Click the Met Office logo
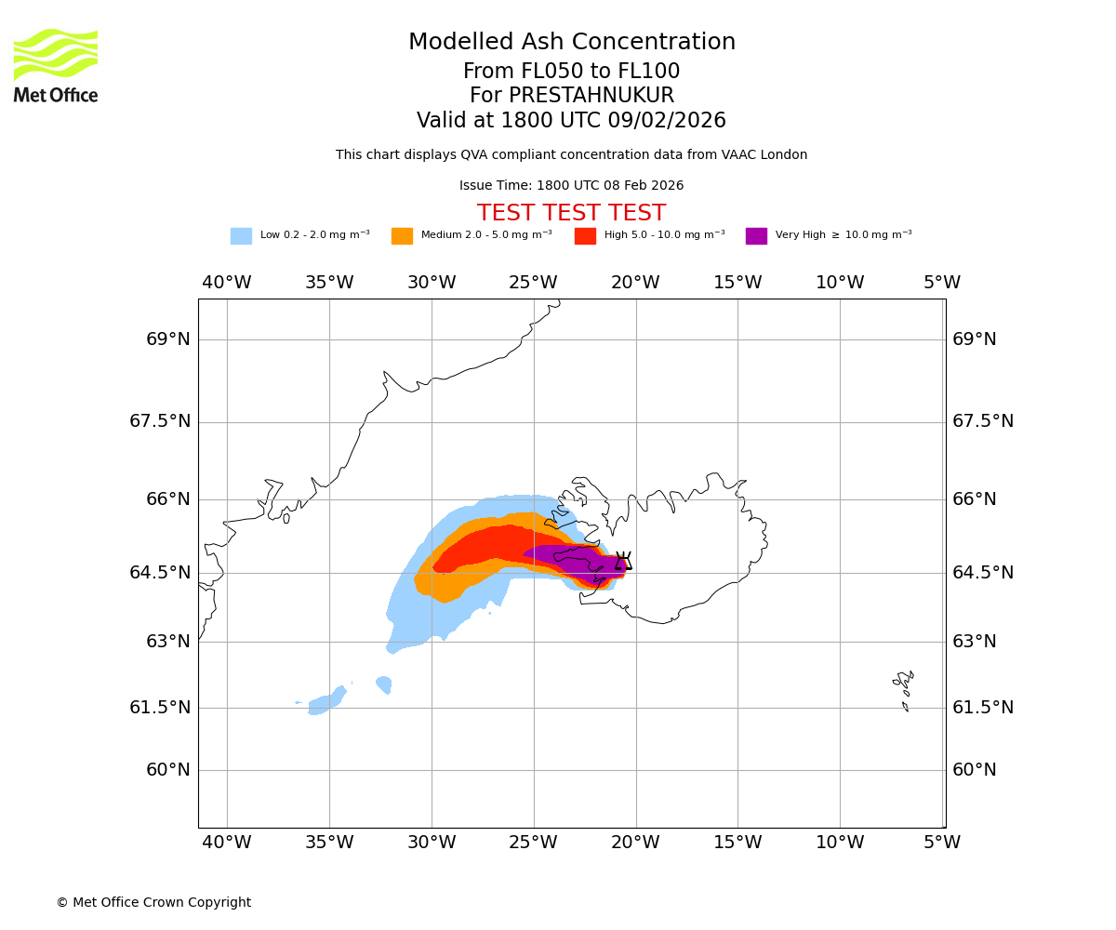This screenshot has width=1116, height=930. coord(56,65)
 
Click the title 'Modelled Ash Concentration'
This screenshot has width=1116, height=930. coord(572,43)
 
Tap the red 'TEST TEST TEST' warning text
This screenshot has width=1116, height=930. coord(571,213)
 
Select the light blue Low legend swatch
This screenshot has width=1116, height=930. coord(241,236)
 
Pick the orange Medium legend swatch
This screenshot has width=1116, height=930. coord(402,236)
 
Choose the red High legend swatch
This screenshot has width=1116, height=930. coord(585,236)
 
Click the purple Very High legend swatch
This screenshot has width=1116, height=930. coord(756,236)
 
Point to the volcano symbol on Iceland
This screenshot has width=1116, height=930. coord(623,561)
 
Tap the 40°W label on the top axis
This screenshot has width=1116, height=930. coord(227,283)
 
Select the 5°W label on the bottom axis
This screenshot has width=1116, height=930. coord(942,843)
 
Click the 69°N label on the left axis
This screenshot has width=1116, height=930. coord(168,339)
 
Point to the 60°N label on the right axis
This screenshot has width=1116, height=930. coord(974,770)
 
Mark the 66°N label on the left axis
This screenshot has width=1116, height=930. coord(168,499)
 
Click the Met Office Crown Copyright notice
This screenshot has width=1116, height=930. coord(153,903)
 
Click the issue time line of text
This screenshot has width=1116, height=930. coord(571,186)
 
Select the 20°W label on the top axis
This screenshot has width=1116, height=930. coord(635,283)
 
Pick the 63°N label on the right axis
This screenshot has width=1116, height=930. coord(974,642)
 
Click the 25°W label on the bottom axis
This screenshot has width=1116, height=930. coord(534,843)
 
